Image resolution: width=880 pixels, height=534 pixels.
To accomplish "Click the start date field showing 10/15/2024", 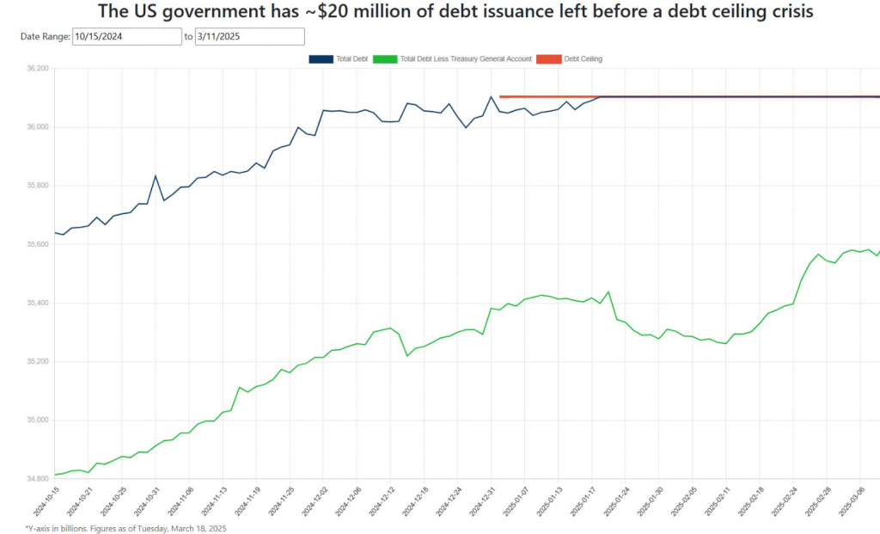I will coord(125,37).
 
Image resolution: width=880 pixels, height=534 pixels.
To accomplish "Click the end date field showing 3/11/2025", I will coord(249,37).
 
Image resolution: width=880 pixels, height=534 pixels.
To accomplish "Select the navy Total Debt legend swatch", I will coord(321,59).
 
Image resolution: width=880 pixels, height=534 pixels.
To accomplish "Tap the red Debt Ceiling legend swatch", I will coord(548,59).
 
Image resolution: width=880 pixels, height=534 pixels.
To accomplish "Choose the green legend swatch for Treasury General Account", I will coord(385,59).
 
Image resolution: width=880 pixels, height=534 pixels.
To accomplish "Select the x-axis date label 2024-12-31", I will coord(481,501).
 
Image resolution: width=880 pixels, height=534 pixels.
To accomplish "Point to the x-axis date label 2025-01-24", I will coord(616,501).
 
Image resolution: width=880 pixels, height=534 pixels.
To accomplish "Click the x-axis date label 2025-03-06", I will coord(851,501).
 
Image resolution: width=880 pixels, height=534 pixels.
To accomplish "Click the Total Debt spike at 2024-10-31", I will coord(156,176).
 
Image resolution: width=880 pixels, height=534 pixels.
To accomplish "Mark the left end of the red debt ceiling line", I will coord(500,96).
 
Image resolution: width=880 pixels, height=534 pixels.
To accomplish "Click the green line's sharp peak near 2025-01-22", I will coord(608,292).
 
